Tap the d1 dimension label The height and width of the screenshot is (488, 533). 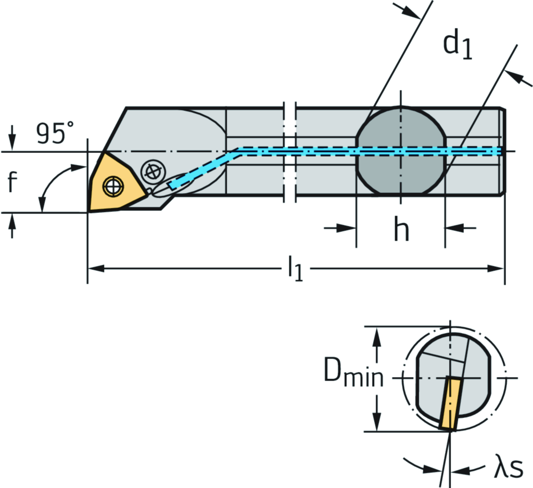[x=458, y=46]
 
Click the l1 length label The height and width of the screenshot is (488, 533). [x=295, y=270]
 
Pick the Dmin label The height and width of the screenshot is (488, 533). [x=353, y=372]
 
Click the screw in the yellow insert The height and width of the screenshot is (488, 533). [x=112, y=186]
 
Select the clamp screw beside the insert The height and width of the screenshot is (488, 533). [x=152, y=171]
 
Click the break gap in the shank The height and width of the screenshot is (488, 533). [x=289, y=151]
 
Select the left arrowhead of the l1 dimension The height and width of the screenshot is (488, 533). [x=93, y=269]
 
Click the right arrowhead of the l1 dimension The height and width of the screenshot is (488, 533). [x=498, y=269]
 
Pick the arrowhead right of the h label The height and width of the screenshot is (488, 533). [x=451, y=228]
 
